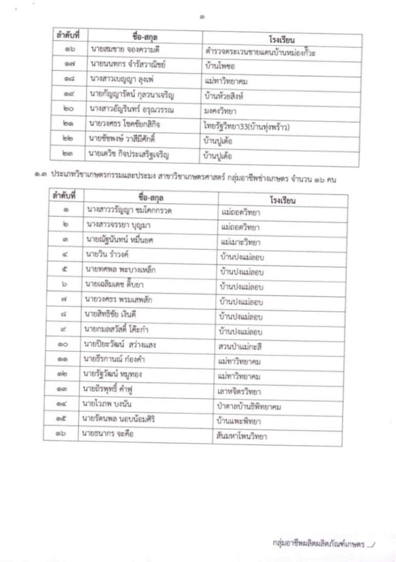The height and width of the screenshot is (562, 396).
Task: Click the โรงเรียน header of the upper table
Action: [282, 39]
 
